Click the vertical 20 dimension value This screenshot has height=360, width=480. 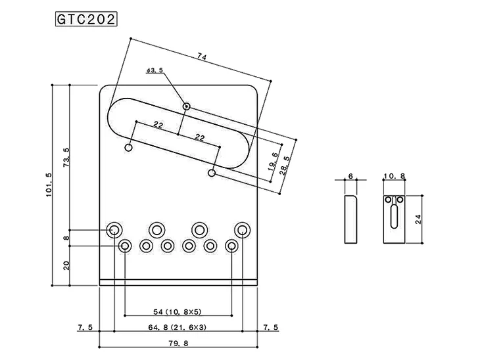click(x=66, y=266)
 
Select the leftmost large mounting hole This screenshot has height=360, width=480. click(x=114, y=229)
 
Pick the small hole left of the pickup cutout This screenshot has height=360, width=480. click(x=129, y=148)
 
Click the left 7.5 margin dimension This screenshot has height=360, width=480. click(x=85, y=327)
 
